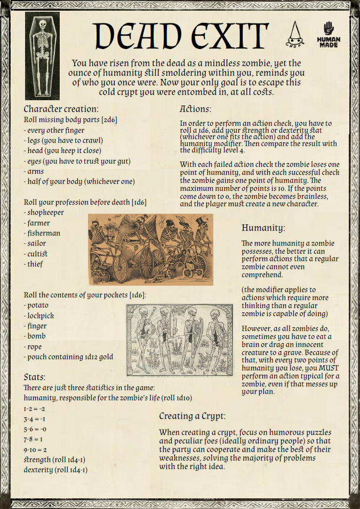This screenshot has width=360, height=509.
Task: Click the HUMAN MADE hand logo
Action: (x=328, y=34)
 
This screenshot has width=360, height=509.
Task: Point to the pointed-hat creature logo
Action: (x=295, y=34)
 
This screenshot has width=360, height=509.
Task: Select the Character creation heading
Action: (x=61, y=109)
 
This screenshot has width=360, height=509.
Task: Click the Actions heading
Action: (x=195, y=109)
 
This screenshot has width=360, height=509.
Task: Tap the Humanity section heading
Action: (x=263, y=228)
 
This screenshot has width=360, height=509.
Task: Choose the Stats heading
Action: (x=35, y=377)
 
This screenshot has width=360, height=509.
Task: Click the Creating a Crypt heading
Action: (x=192, y=416)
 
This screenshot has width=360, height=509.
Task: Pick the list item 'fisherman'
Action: (x=44, y=233)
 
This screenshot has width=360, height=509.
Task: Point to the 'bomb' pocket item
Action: (x=36, y=336)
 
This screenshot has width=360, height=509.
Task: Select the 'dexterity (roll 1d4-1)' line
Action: (x=55, y=470)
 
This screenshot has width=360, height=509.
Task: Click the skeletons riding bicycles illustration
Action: (x=150, y=249)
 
